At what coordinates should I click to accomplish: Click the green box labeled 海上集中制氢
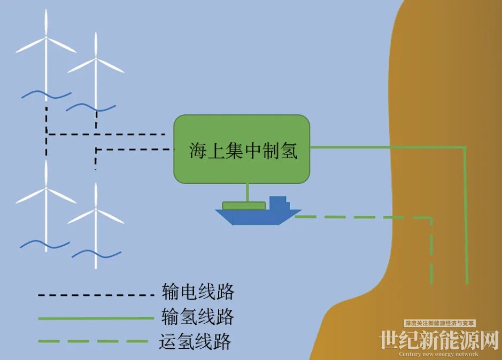[242, 149]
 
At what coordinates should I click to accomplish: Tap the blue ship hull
[258, 217]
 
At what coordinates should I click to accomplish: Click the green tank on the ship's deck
[244, 206]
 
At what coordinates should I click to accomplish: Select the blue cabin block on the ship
[279, 203]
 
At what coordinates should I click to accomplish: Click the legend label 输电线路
[198, 292]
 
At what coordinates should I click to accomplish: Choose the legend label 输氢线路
[198, 317]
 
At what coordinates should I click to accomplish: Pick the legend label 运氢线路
[195, 341]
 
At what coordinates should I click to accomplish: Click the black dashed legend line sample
[96, 295]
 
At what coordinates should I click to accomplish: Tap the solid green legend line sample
[96, 318]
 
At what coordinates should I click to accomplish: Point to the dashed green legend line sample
[93, 341]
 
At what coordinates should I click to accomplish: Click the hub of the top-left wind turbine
[46, 38]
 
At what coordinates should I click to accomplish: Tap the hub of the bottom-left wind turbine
[46, 189]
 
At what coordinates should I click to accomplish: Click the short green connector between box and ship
[248, 193]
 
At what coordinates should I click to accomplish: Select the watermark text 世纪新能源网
[439, 340]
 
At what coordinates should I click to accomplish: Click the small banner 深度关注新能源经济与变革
[439, 323]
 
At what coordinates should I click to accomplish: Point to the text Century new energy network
[438, 354]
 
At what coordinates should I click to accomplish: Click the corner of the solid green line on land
[465, 147]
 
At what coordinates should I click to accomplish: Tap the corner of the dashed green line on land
[431, 218]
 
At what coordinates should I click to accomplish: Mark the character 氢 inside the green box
[289, 151]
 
